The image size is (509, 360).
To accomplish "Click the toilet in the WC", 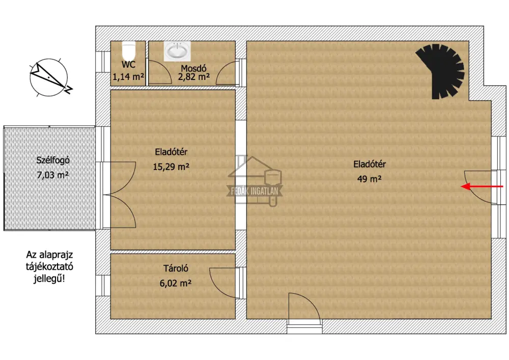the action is point(129,50).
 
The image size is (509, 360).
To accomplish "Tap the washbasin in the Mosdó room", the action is point(177,51).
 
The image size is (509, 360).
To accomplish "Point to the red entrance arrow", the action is point(482,187).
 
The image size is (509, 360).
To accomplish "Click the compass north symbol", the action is point(50,77).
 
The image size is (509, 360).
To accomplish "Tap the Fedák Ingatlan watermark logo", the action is point(255,181).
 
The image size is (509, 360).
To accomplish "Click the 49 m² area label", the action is point(369,179).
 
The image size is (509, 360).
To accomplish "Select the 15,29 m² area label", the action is point(171,167).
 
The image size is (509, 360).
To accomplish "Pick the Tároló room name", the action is point(176,268).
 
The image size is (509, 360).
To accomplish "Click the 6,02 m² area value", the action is point(175,284).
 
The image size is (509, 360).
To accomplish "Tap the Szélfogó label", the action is point(53,160).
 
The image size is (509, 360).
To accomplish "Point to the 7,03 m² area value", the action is point(53,175).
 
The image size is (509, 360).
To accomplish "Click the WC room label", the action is point(129,65).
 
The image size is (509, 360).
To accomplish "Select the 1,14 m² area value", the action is point(128,77).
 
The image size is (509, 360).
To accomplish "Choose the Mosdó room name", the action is point(193,69).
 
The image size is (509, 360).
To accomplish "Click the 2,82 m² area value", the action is point(193,77).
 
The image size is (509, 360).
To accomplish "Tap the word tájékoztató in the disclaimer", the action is point(49,267).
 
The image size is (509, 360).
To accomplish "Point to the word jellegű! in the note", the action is point(49,279).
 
